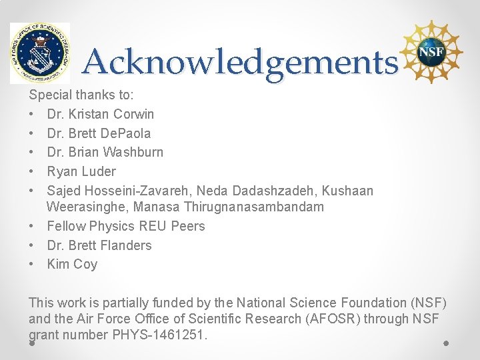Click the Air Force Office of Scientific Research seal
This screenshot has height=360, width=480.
coord(39,53)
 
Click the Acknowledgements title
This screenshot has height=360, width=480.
coord(240,63)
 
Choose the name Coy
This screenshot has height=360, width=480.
coord(85,264)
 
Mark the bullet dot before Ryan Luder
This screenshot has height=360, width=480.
coord(32,171)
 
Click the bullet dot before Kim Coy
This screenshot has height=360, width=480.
coord(32,264)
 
